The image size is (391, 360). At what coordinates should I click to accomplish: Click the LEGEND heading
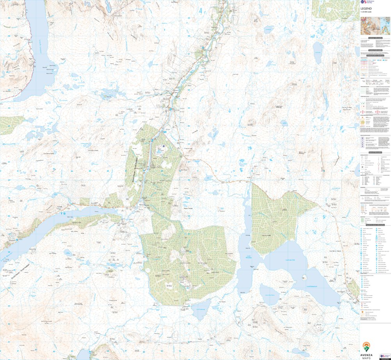(366, 8)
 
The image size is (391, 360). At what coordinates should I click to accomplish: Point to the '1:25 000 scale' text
(366, 12)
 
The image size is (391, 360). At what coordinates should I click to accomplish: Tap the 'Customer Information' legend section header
(375, 38)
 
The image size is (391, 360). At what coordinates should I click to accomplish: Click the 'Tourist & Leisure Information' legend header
(375, 225)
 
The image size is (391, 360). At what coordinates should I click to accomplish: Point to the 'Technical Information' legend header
(375, 50)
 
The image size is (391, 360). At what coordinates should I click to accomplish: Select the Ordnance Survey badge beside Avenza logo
(384, 356)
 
